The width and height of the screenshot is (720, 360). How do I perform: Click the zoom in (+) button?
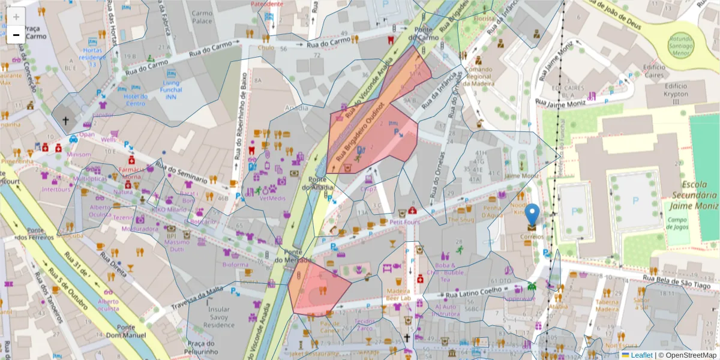coord(16,17)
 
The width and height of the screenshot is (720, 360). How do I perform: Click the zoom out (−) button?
coord(16,34)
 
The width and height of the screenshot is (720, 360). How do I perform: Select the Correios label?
coord(532,236)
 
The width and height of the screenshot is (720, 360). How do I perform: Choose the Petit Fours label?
coord(403,221)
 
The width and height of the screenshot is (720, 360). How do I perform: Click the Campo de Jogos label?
coord(678,224)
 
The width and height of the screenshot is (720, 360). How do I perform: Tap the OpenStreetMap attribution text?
coord(688,355)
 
